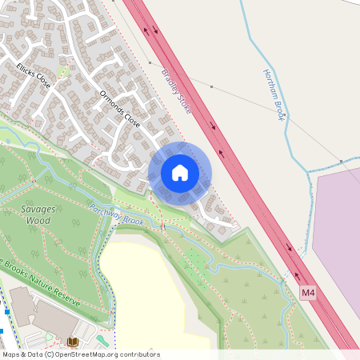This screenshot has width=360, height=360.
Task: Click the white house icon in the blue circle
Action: (180, 172)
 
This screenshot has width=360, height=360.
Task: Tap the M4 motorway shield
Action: (309, 294)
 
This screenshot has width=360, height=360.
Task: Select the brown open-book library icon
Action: (73, 342)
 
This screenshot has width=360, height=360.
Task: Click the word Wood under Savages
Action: (38, 220)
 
